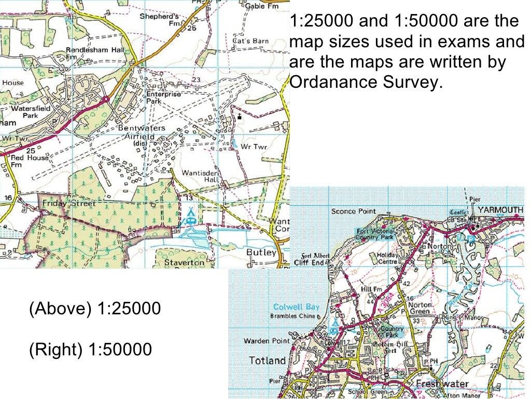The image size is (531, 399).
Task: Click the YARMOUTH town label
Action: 500,210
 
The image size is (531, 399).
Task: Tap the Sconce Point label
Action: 354,211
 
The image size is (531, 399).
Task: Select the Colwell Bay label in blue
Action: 297,307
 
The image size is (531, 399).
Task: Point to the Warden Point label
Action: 267,341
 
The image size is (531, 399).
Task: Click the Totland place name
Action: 267,360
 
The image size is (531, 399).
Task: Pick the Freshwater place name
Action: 442,384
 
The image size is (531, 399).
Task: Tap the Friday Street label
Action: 69,203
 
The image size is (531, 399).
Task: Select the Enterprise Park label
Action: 163,98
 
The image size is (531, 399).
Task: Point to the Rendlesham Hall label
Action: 89,53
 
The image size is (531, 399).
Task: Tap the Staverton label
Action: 185,262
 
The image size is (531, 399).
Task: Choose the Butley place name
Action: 261,252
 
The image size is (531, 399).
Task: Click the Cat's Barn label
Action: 250,41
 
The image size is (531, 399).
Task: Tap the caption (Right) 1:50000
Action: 90,349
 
